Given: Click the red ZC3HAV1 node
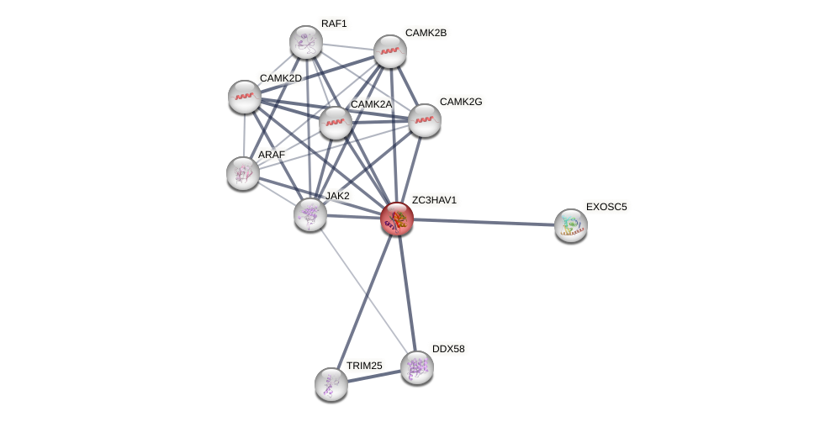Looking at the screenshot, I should click(x=397, y=219).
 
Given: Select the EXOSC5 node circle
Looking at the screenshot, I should click(x=571, y=224).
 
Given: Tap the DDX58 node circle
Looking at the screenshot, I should click(x=416, y=367).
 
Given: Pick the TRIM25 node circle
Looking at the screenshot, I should click(x=331, y=383).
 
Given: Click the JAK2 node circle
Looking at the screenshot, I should click(x=310, y=214).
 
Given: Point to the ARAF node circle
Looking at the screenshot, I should click(x=243, y=172).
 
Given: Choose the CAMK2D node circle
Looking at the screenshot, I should click(x=245, y=97).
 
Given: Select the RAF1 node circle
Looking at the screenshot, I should click(x=306, y=42).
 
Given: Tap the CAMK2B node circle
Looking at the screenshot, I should click(x=390, y=51).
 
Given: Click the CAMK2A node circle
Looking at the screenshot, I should click(x=336, y=123).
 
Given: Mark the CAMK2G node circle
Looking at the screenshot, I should click(x=425, y=119).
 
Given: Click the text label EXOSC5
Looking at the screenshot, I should click(x=606, y=207).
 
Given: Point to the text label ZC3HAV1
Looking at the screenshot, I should click(x=434, y=200).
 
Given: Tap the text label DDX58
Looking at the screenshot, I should click(x=448, y=349).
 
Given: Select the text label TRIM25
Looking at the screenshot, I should click(x=364, y=366).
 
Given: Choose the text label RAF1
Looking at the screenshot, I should click(x=334, y=24).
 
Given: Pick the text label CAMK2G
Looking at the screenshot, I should click(x=461, y=102).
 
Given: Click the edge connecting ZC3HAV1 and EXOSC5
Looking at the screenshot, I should click(x=484, y=222).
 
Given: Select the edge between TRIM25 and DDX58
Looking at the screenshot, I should click(x=374, y=376).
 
